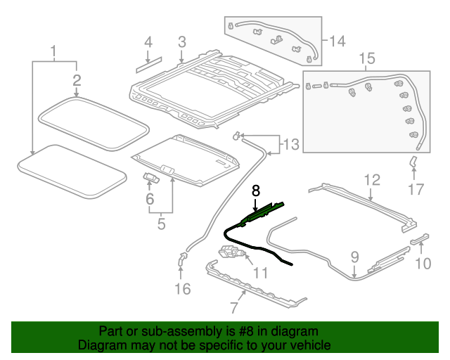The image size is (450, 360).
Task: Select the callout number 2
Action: coord(77,81)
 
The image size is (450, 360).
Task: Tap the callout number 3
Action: coord(181,42)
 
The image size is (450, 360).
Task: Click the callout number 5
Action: coord(161,224)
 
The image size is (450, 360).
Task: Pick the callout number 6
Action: coord(149,200)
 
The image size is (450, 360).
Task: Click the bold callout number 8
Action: coord(256,190)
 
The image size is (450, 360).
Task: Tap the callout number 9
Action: coord(354,257)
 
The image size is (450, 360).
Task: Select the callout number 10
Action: coord(422,264)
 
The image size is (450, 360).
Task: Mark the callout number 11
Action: coord(260,273)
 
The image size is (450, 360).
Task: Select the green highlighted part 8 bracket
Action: coord(262,214)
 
